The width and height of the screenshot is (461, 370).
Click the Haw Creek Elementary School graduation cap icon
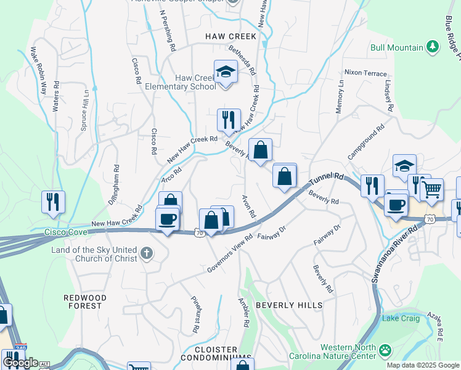point(226,73)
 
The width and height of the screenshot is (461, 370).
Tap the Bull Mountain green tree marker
point(433,47)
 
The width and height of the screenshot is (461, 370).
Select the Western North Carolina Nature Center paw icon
point(385,350)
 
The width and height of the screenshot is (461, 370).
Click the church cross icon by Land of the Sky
point(147,253)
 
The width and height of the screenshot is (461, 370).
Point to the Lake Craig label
point(401,318)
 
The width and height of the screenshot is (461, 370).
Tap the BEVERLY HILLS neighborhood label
point(288,305)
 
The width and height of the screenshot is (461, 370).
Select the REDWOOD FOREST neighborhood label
point(85,302)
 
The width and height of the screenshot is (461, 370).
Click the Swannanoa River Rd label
point(394,253)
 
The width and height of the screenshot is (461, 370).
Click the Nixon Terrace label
point(365,73)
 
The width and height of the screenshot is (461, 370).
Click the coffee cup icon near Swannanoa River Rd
point(396,205)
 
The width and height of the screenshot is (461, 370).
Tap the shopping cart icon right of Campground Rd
point(433,189)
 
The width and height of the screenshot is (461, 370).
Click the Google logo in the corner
point(20,363)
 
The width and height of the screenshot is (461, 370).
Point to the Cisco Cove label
point(66,232)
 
